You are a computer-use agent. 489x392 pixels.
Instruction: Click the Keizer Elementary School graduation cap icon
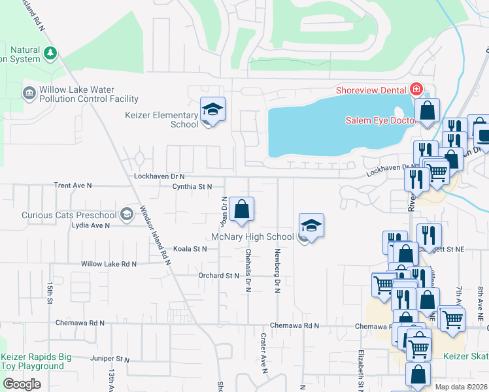212,109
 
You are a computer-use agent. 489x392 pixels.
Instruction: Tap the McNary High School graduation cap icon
311,226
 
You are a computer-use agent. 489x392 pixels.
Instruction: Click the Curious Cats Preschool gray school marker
126,214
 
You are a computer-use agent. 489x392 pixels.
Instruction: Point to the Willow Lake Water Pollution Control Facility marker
29,93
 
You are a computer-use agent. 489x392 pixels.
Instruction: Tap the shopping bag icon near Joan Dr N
241,210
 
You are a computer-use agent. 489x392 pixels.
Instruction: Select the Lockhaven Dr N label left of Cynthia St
159,176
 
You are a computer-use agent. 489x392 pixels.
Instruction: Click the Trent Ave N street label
73,186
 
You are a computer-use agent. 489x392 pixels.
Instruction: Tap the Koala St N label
190,249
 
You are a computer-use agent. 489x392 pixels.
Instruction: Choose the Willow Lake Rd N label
109,264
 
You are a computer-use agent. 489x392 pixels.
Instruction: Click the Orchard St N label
219,276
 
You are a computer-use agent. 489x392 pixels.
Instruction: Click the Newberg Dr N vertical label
277,269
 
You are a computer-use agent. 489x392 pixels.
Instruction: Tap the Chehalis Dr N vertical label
248,269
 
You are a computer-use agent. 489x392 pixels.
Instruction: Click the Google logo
22,384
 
